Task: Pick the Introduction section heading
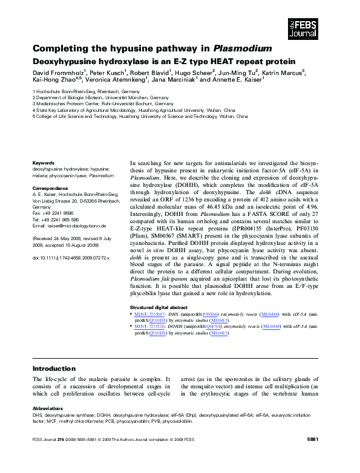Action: pyautogui.click(x=54, y=368)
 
